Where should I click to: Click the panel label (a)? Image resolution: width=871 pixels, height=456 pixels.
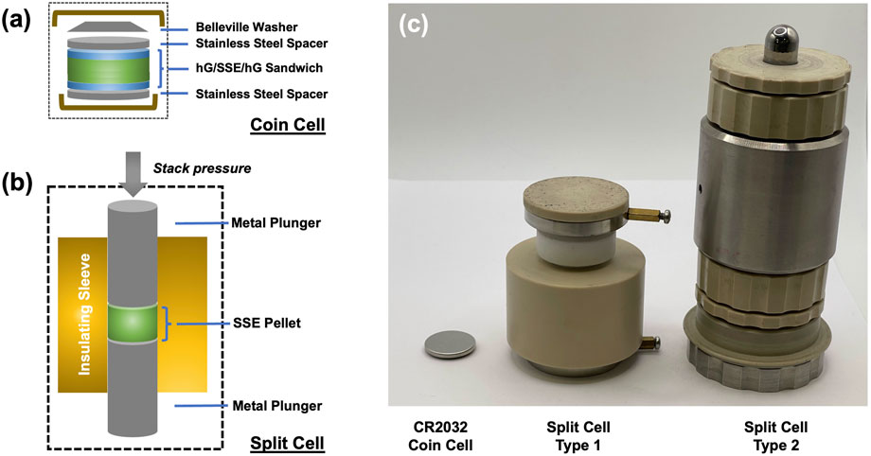20,20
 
